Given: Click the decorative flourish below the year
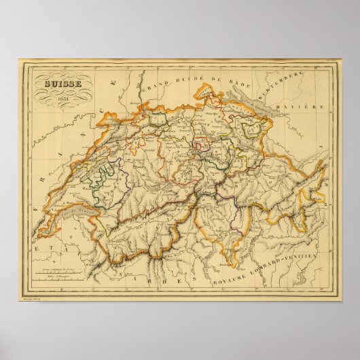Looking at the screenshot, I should [x=61, y=109].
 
